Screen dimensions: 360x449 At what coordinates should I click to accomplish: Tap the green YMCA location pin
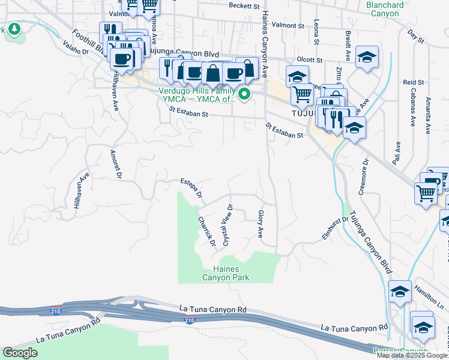coord(245,95)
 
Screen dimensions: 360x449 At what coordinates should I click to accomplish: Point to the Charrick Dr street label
coord(206,230)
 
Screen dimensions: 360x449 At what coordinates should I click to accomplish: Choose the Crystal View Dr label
coord(228,224)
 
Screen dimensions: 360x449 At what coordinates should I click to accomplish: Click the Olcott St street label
coord(310,61)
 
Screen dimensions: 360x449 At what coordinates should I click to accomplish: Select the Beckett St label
coord(246,6)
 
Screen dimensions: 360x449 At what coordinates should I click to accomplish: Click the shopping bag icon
coord(213,74)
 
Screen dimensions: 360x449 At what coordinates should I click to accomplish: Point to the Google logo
coord(20,353)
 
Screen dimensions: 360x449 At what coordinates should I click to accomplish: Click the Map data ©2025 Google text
coord(412,355)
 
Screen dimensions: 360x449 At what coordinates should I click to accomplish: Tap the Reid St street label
coord(414,82)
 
